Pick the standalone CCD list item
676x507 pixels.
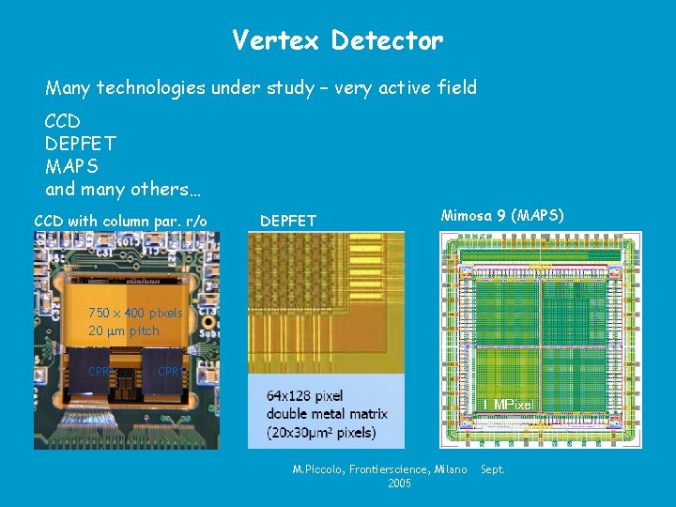pyautogui.click(x=62, y=121)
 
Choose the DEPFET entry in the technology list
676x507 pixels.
pyautogui.click(x=80, y=144)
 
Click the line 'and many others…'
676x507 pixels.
pyautogui.click(x=122, y=189)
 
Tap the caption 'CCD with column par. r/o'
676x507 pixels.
pyautogui.click(x=120, y=221)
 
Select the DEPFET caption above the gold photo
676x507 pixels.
pyautogui.click(x=287, y=221)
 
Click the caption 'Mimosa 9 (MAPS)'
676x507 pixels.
pyautogui.click(x=502, y=216)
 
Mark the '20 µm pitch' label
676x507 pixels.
pyautogui.click(x=124, y=330)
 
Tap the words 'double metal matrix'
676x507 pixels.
pyautogui.click(x=328, y=414)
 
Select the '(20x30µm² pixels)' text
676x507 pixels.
pyautogui.click(x=321, y=433)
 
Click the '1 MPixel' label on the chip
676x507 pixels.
pyautogui.click(x=508, y=405)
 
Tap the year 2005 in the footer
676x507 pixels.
pyautogui.click(x=399, y=484)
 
